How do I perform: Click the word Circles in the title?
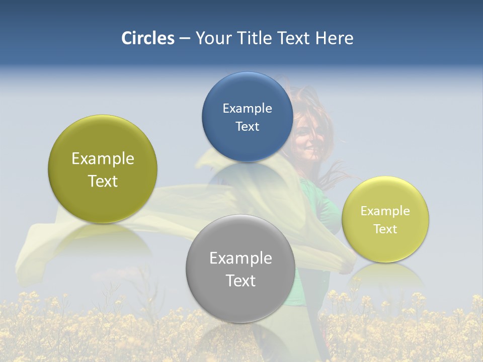(x=148, y=38)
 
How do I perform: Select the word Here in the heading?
(x=335, y=38)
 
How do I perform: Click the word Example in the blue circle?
(x=247, y=109)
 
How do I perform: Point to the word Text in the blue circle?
(x=247, y=126)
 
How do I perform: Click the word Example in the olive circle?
(x=103, y=159)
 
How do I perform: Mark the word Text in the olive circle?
(x=103, y=181)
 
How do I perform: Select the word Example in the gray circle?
(x=240, y=258)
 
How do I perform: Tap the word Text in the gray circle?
(x=240, y=281)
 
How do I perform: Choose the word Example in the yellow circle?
(x=385, y=211)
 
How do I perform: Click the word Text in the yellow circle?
(x=385, y=229)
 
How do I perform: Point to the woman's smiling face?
(x=308, y=136)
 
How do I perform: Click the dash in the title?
(x=185, y=38)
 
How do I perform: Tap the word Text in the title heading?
(x=293, y=38)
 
